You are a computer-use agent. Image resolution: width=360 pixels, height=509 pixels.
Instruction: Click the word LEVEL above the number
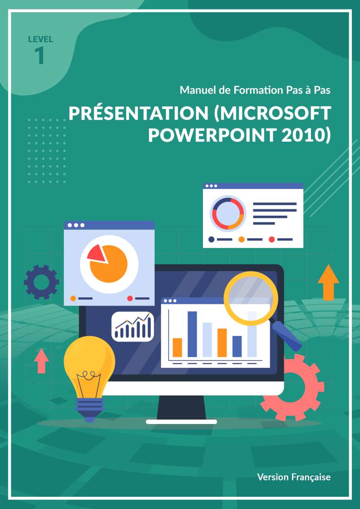point(40,40)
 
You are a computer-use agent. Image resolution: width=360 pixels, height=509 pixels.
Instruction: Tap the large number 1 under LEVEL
point(39,55)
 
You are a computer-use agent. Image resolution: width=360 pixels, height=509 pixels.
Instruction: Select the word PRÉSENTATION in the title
point(138,114)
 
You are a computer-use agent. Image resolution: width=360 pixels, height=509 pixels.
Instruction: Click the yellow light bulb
point(89,379)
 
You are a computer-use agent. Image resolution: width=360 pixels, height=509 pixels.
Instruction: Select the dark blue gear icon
point(41,282)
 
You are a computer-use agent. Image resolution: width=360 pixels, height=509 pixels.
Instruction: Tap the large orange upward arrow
point(329,282)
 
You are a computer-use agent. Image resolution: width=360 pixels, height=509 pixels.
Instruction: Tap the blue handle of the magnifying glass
point(287,336)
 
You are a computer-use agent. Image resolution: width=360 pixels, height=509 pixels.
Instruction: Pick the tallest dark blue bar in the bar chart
point(192,334)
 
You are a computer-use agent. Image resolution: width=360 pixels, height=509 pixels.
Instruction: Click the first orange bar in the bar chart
point(177,347)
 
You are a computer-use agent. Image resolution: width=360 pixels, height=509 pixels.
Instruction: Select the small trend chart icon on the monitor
point(133,326)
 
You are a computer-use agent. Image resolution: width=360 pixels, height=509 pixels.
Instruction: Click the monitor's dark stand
point(182,408)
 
